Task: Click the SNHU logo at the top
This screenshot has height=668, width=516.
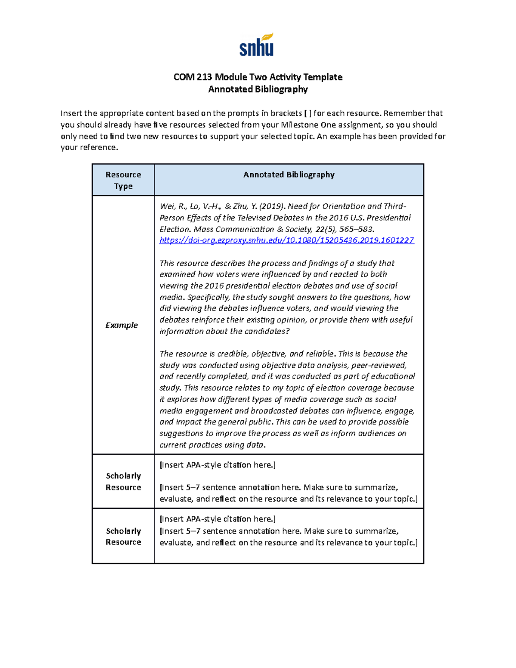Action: pos(257,45)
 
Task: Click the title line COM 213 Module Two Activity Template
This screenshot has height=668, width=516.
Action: pos(258,77)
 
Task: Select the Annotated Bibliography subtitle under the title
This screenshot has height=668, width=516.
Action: pos(258,89)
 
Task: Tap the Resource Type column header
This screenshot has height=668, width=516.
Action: pos(123,180)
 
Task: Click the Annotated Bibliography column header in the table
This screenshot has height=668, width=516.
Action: pos(289,175)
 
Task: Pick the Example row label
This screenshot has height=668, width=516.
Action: pos(122,325)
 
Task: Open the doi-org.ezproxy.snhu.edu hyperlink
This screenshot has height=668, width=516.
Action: pos(286,240)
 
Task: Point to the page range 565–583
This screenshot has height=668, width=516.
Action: pos(353,229)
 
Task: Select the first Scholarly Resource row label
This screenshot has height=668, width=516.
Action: pos(123,481)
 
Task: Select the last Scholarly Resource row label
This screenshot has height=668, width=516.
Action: pos(123,536)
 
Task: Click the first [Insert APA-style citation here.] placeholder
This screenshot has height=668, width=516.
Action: pos(218,465)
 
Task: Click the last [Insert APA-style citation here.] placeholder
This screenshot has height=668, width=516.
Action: pos(218,519)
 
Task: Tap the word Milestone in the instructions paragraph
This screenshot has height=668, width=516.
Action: pos(299,125)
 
